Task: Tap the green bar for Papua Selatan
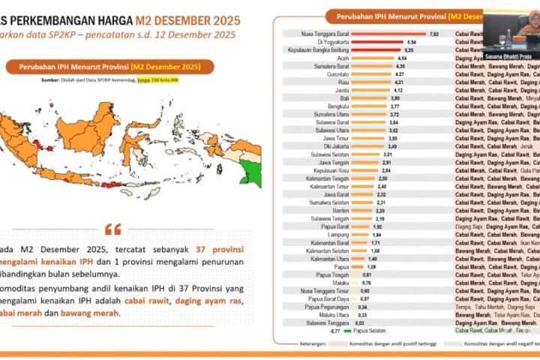point(348,329)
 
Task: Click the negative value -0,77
point(335,329)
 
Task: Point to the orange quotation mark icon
point(112,229)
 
